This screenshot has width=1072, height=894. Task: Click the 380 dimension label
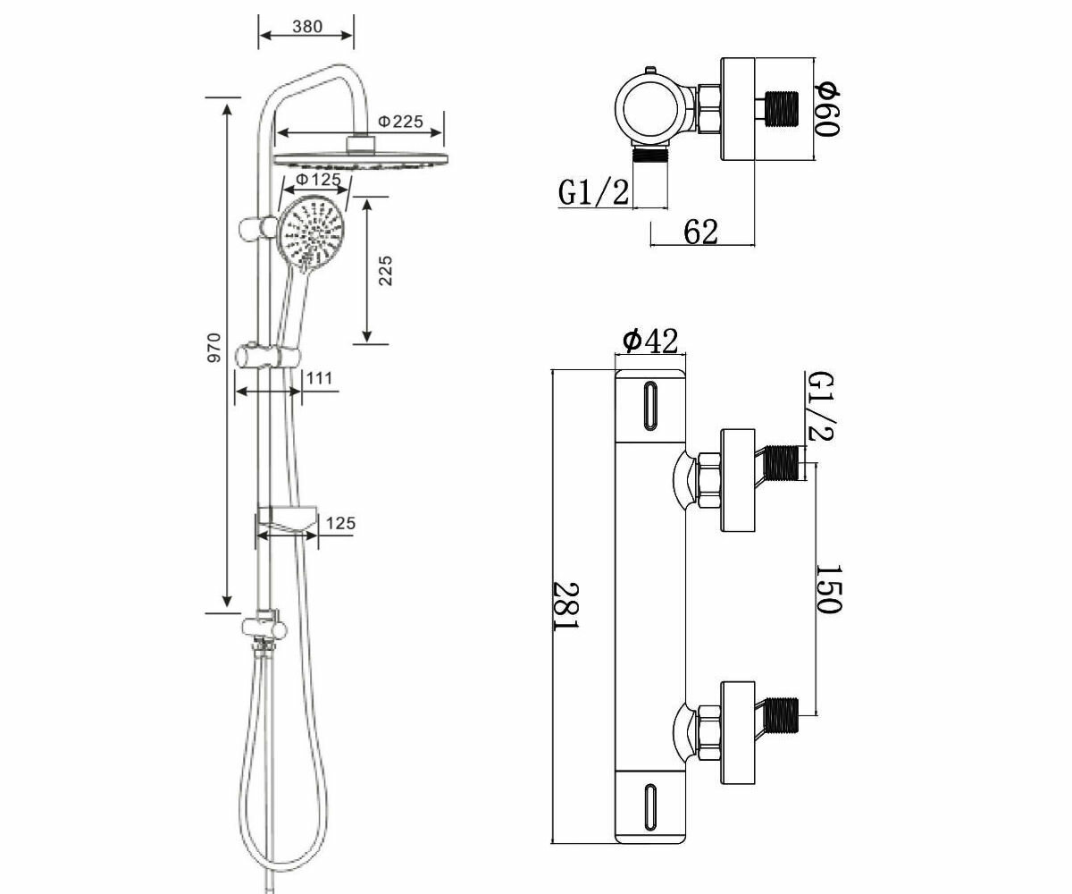tap(306, 27)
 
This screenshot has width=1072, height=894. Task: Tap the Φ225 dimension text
tap(399, 121)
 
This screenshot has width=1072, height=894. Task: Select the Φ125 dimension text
tap(318, 180)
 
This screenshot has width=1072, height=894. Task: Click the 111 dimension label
tap(319, 378)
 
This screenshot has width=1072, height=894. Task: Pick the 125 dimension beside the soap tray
tap(339, 523)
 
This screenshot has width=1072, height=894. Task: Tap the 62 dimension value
tap(700, 232)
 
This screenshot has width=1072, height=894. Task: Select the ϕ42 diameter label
tap(650, 341)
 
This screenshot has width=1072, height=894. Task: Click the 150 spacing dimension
tap(828, 588)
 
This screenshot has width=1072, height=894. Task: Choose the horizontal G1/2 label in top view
tap(593, 192)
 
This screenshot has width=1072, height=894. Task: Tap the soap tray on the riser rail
tap(287, 518)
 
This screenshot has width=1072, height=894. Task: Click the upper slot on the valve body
tap(650, 406)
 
